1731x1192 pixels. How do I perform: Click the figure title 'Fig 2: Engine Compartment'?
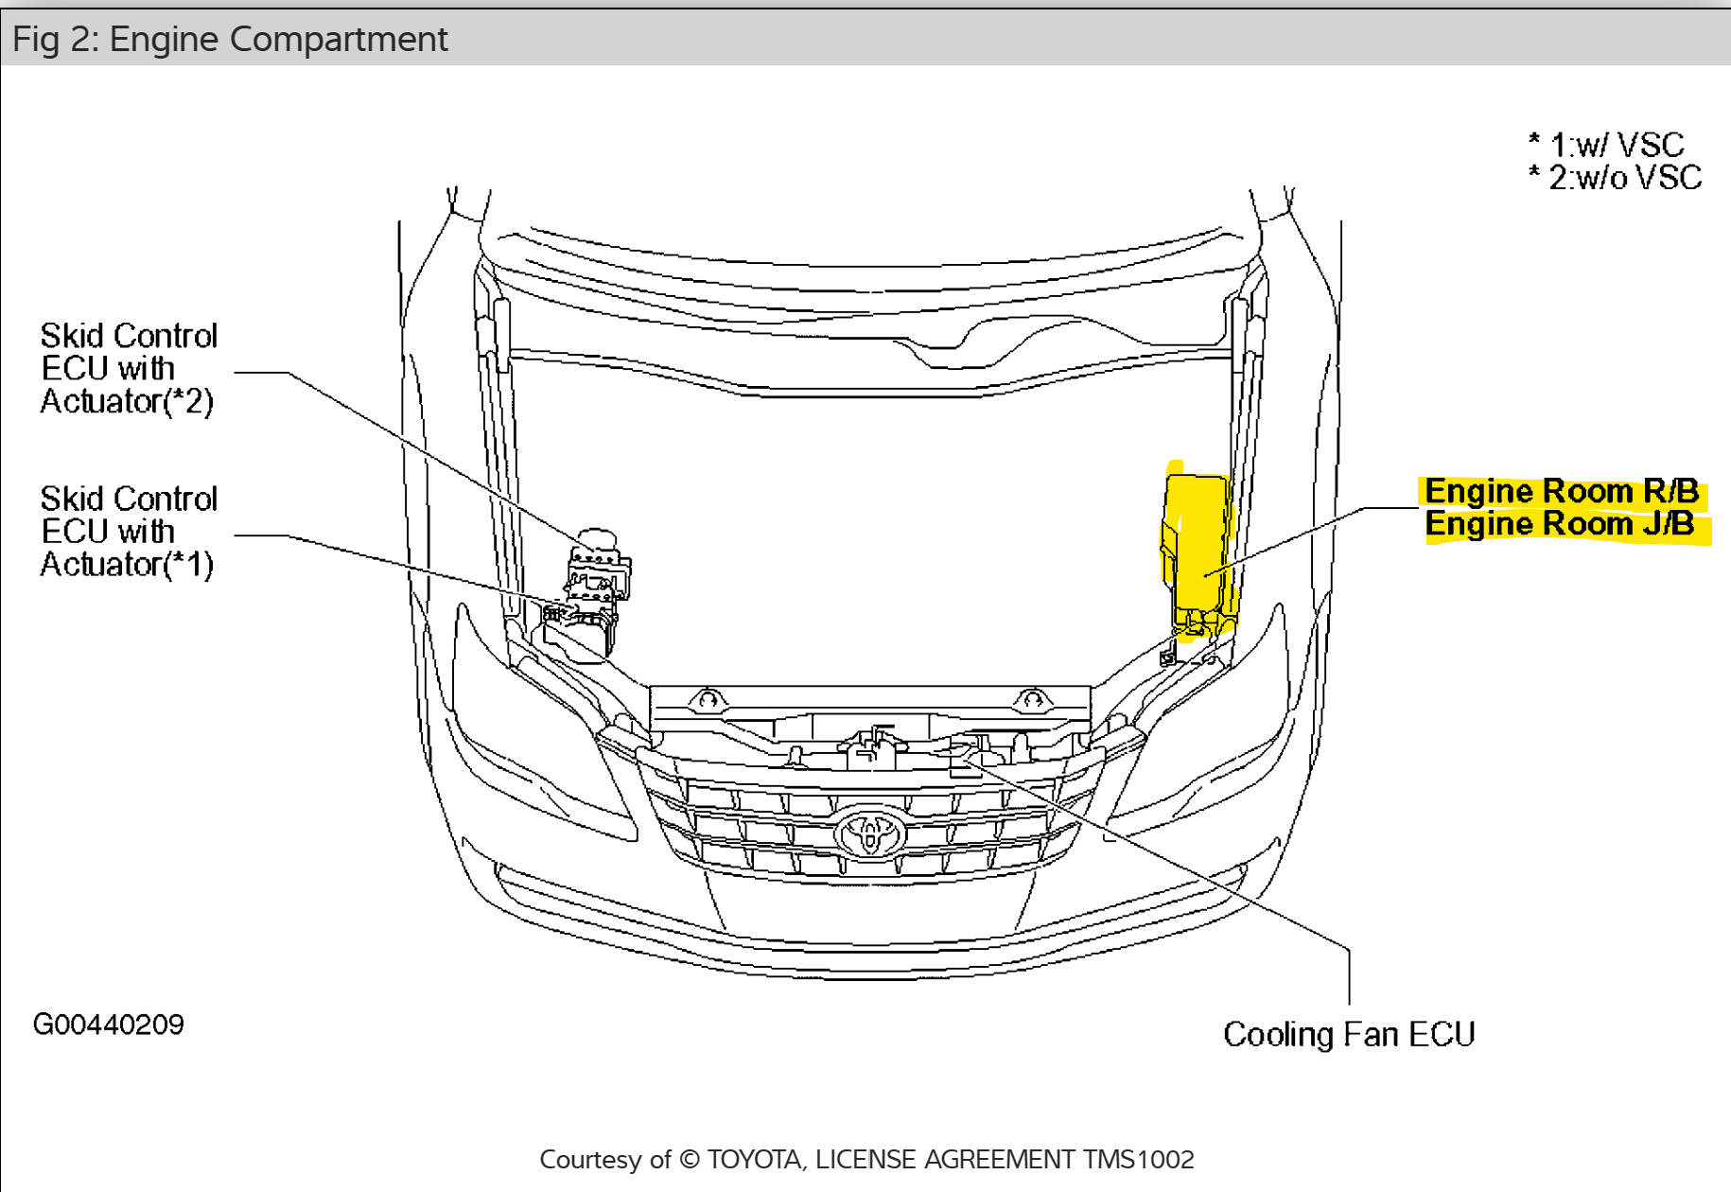(230, 40)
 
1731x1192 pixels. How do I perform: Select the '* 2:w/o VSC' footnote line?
(1616, 178)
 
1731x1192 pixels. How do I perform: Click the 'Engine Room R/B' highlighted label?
(1562, 491)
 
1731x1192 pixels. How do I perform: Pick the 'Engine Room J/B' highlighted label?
(1560, 524)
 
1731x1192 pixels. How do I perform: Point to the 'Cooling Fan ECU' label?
(1349, 1034)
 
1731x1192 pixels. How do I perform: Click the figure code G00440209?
(109, 1025)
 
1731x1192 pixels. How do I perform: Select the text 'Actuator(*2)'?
(127, 402)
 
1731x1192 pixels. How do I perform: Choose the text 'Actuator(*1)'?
(127, 565)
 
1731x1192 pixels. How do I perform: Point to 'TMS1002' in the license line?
(1139, 1160)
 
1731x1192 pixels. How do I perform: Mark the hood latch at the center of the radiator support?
(875, 747)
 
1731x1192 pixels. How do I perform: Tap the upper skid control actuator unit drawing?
(598, 565)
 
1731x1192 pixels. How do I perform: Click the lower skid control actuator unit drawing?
(579, 629)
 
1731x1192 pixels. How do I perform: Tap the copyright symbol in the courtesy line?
(691, 1160)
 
